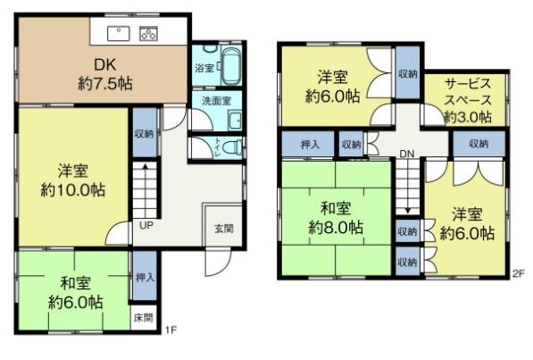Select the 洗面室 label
tap(216, 101)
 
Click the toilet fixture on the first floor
tap(231, 147)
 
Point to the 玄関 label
tap(223, 228)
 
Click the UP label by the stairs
tap(144, 225)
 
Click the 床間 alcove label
tap(143, 317)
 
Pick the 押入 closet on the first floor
tap(144, 277)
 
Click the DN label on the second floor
tap(407, 154)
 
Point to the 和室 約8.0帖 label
tap(336, 218)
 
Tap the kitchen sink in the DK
tap(119, 33)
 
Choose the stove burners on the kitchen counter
tap(148, 34)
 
